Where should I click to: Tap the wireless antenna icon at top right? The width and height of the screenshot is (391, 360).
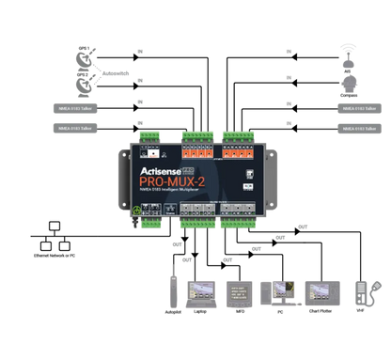(349, 54)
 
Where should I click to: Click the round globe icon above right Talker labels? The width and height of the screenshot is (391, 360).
(349, 84)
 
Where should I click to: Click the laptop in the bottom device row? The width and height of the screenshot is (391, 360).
(201, 292)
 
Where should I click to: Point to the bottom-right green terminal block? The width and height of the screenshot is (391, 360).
(239, 223)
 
